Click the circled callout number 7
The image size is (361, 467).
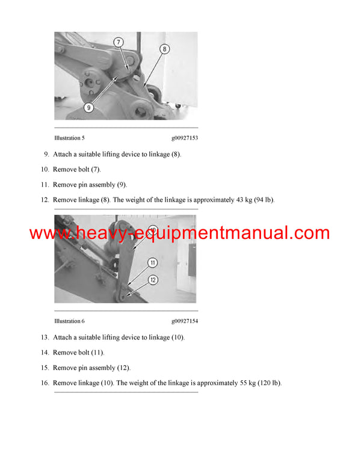click(119, 42)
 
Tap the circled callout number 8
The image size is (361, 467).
click(164, 49)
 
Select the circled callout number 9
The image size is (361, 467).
click(88, 108)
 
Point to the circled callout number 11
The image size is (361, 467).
click(153, 262)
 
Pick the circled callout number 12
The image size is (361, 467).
click(153, 280)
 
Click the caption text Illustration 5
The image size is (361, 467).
click(69, 138)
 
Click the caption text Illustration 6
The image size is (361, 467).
click(69, 321)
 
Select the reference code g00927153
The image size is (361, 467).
click(185, 138)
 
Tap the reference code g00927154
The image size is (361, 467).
click(185, 321)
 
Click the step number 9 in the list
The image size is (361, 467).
click(46, 154)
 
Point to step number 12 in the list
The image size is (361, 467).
click(45, 200)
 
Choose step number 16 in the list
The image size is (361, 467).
click(45, 383)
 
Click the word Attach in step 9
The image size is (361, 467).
click(62, 154)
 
